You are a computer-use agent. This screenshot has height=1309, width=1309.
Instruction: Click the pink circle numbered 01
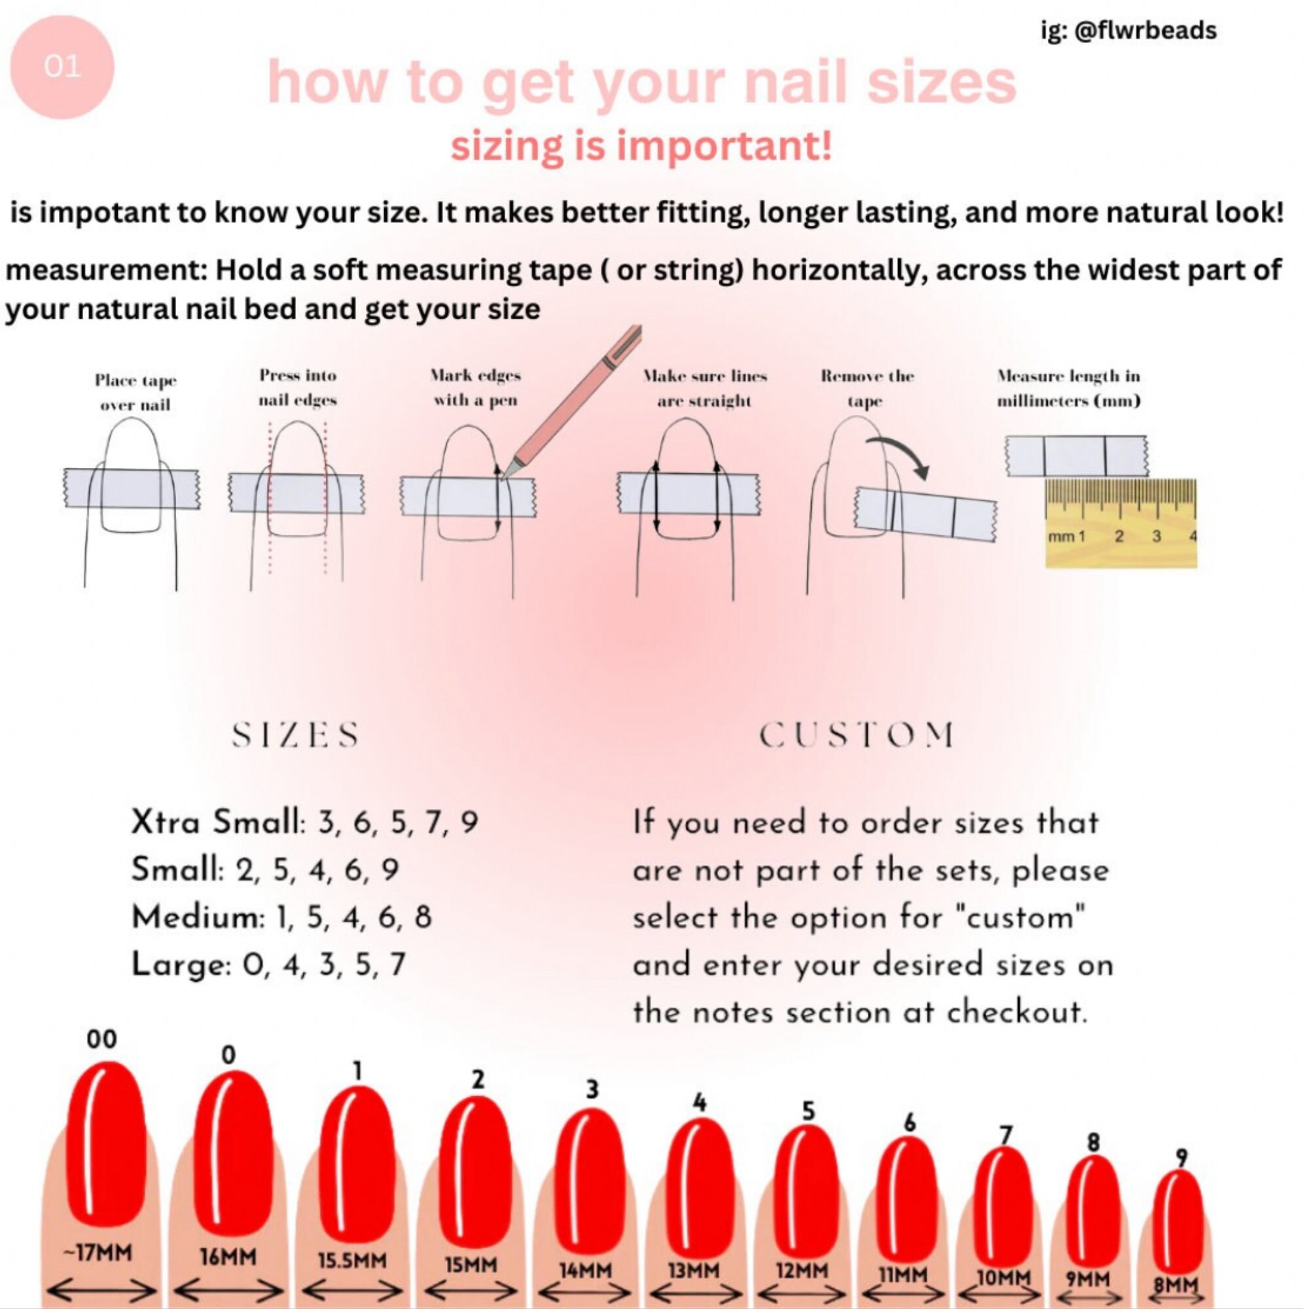click(62, 67)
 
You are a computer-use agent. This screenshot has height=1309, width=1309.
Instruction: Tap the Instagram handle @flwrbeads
click(1128, 31)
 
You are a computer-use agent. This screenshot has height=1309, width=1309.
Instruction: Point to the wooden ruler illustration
click(1121, 522)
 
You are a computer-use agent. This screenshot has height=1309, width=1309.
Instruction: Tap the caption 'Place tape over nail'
click(135, 392)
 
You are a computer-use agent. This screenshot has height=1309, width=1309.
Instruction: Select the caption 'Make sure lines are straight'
click(705, 387)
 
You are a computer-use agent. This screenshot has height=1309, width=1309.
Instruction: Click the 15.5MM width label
click(351, 1259)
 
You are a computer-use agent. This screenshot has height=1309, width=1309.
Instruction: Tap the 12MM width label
click(802, 1270)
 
